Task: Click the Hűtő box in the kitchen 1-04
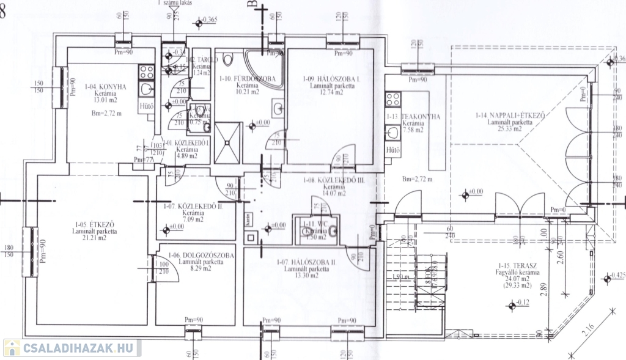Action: tap(147, 106)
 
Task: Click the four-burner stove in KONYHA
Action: tap(147, 72)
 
